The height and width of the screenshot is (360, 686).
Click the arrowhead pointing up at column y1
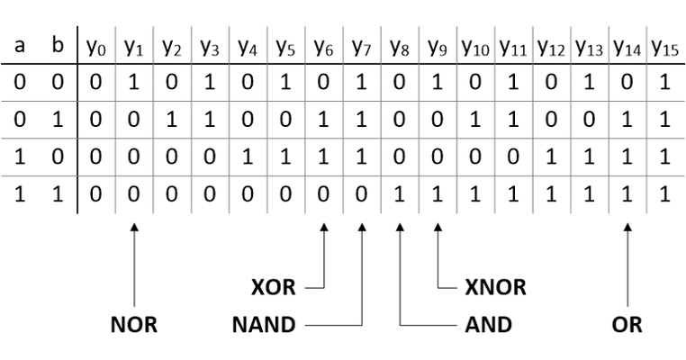point(134,230)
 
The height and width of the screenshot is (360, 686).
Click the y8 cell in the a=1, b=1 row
point(399,194)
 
